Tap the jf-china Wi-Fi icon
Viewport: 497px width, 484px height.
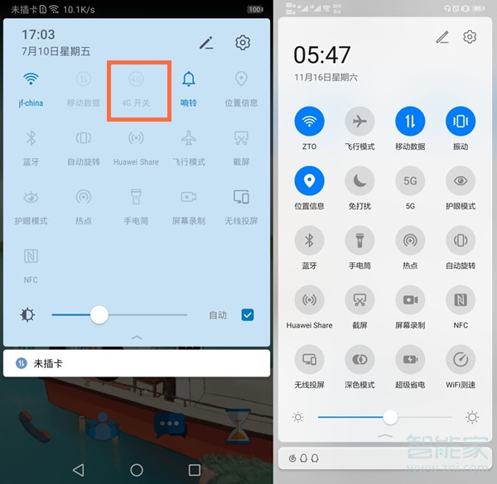pyautogui.click(x=31, y=79)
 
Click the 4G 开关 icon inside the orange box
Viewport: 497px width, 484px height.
pyautogui.click(x=137, y=80)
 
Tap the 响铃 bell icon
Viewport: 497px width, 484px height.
pyautogui.click(x=189, y=79)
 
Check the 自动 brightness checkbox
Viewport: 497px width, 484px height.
pyautogui.click(x=247, y=314)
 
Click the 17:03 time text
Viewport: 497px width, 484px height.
pyautogui.click(x=38, y=35)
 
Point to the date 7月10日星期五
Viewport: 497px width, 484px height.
pyautogui.click(x=55, y=50)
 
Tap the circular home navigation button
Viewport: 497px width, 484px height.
pyautogui.click(x=136, y=469)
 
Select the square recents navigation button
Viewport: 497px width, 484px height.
pyautogui.click(x=195, y=469)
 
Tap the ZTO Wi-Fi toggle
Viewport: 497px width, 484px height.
pyautogui.click(x=310, y=122)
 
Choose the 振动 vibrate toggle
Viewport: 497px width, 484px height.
pyautogui.click(x=461, y=122)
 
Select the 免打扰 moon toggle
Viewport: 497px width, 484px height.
pyautogui.click(x=359, y=181)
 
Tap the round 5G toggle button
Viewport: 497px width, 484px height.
pyautogui.click(x=410, y=181)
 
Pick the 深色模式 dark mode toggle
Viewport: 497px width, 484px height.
pyautogui.click(x=359, y=360)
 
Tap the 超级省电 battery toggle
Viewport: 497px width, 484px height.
pyautogui.click(x=410, y=360)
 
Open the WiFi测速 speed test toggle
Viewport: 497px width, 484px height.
pyautogui.click(x=461, y=360)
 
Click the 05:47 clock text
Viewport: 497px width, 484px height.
pyautogui.click(x=322, y=56)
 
